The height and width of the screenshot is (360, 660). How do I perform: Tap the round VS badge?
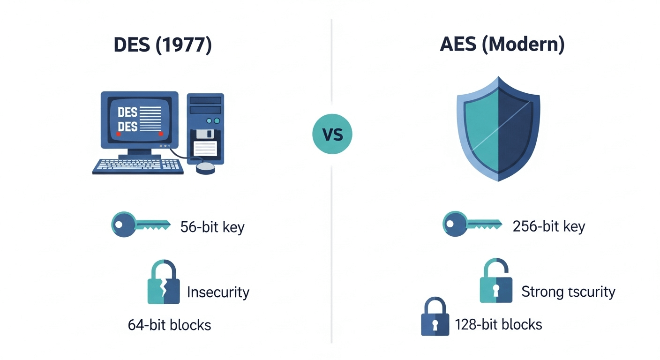332,135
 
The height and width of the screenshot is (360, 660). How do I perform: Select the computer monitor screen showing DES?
139,119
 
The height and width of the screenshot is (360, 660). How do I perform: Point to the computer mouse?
206,168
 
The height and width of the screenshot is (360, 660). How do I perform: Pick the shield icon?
498,128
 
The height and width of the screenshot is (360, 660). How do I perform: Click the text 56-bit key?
212,227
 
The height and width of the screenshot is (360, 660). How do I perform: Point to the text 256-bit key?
549,227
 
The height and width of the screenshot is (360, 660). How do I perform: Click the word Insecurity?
218,292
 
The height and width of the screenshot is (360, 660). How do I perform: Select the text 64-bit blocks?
169,325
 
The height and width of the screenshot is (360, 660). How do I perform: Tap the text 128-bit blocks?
498,324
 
